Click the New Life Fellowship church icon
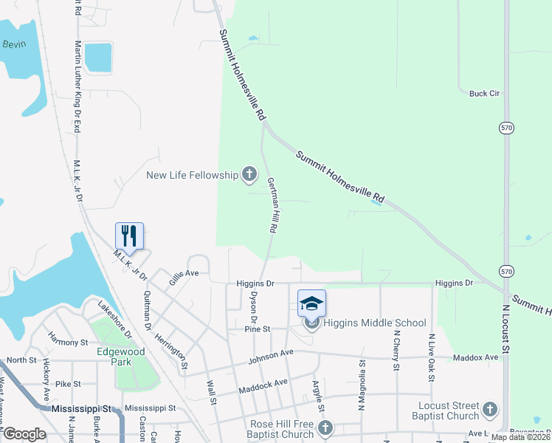[249, 175]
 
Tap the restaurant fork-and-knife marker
[129, 236]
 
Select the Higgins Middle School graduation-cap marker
[311, 303]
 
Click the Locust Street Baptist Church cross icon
[489, 409]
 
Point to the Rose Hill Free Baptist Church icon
[325, 428]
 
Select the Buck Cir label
[485, 94]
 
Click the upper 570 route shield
[505, 127]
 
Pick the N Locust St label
[506, 330]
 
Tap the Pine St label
[259, 329]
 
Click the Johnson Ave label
[271, 356]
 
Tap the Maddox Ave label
[480, 357]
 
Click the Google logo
[24, 434]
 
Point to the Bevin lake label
[13, 44]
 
